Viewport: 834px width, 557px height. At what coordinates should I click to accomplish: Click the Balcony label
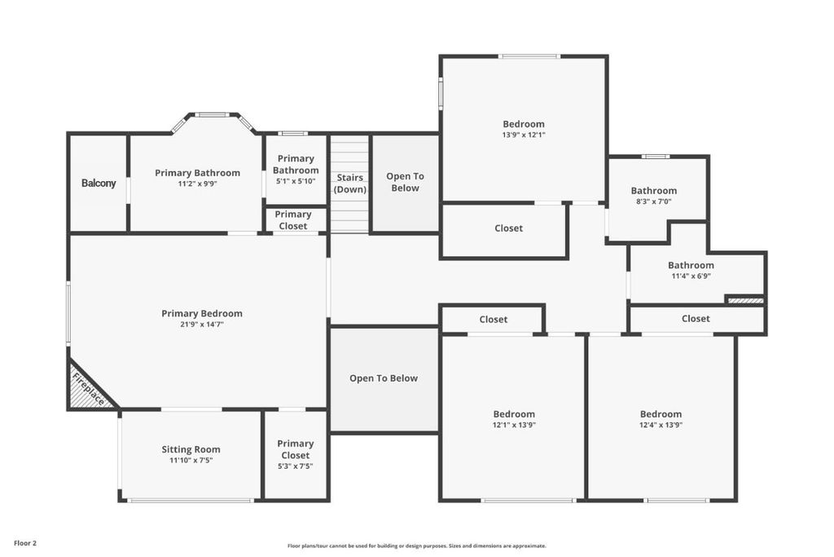pos(99,183)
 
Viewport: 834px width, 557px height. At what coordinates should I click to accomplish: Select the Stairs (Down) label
pos(350,183)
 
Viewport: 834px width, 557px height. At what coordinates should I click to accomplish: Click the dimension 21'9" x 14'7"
pos(202,324)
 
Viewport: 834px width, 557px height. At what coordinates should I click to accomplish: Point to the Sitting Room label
pos(191,449)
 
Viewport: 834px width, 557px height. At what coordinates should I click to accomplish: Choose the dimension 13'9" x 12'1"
pos(524,135)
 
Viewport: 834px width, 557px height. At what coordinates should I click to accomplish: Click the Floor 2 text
pos(25,543)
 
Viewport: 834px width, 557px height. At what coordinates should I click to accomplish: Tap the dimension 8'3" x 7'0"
pos(654,201)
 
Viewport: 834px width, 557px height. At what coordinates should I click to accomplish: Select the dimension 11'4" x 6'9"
pos(691,276)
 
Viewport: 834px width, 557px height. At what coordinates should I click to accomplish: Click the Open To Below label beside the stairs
pos(406,182)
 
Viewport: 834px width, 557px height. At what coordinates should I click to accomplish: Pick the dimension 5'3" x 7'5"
pos(295,466)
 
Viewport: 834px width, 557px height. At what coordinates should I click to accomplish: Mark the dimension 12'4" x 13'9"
pos(661,425)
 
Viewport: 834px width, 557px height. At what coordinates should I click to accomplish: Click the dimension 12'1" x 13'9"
pos(514,425)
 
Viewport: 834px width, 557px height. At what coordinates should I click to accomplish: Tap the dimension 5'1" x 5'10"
pos(296,181)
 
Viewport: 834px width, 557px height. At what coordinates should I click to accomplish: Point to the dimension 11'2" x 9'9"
pos(197,183)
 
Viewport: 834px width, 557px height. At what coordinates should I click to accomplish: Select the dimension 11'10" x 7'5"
pos(191,460)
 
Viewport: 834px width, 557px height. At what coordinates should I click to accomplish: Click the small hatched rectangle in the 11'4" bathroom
pos(746,301)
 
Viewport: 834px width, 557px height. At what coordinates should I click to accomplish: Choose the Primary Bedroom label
pos(202,313)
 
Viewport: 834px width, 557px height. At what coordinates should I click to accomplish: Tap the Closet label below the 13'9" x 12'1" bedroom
pos(508,228)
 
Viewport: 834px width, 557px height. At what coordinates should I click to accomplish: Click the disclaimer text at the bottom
pos(417,546)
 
